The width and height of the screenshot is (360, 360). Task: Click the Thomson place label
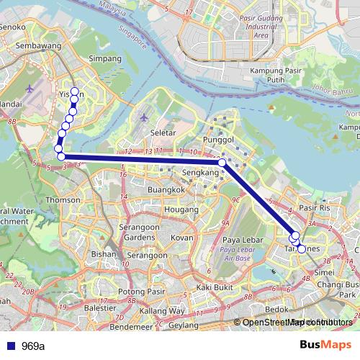click(x=63, y=199)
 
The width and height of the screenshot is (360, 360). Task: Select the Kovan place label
click(x=181, y=237)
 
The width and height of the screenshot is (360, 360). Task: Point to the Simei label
click(x=324, y=274)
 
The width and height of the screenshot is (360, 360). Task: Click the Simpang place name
click(x=100, y=58)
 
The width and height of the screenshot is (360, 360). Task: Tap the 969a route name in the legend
click(x=32, y=346)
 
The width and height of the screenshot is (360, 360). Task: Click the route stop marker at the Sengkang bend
click(x=222, y=163)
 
